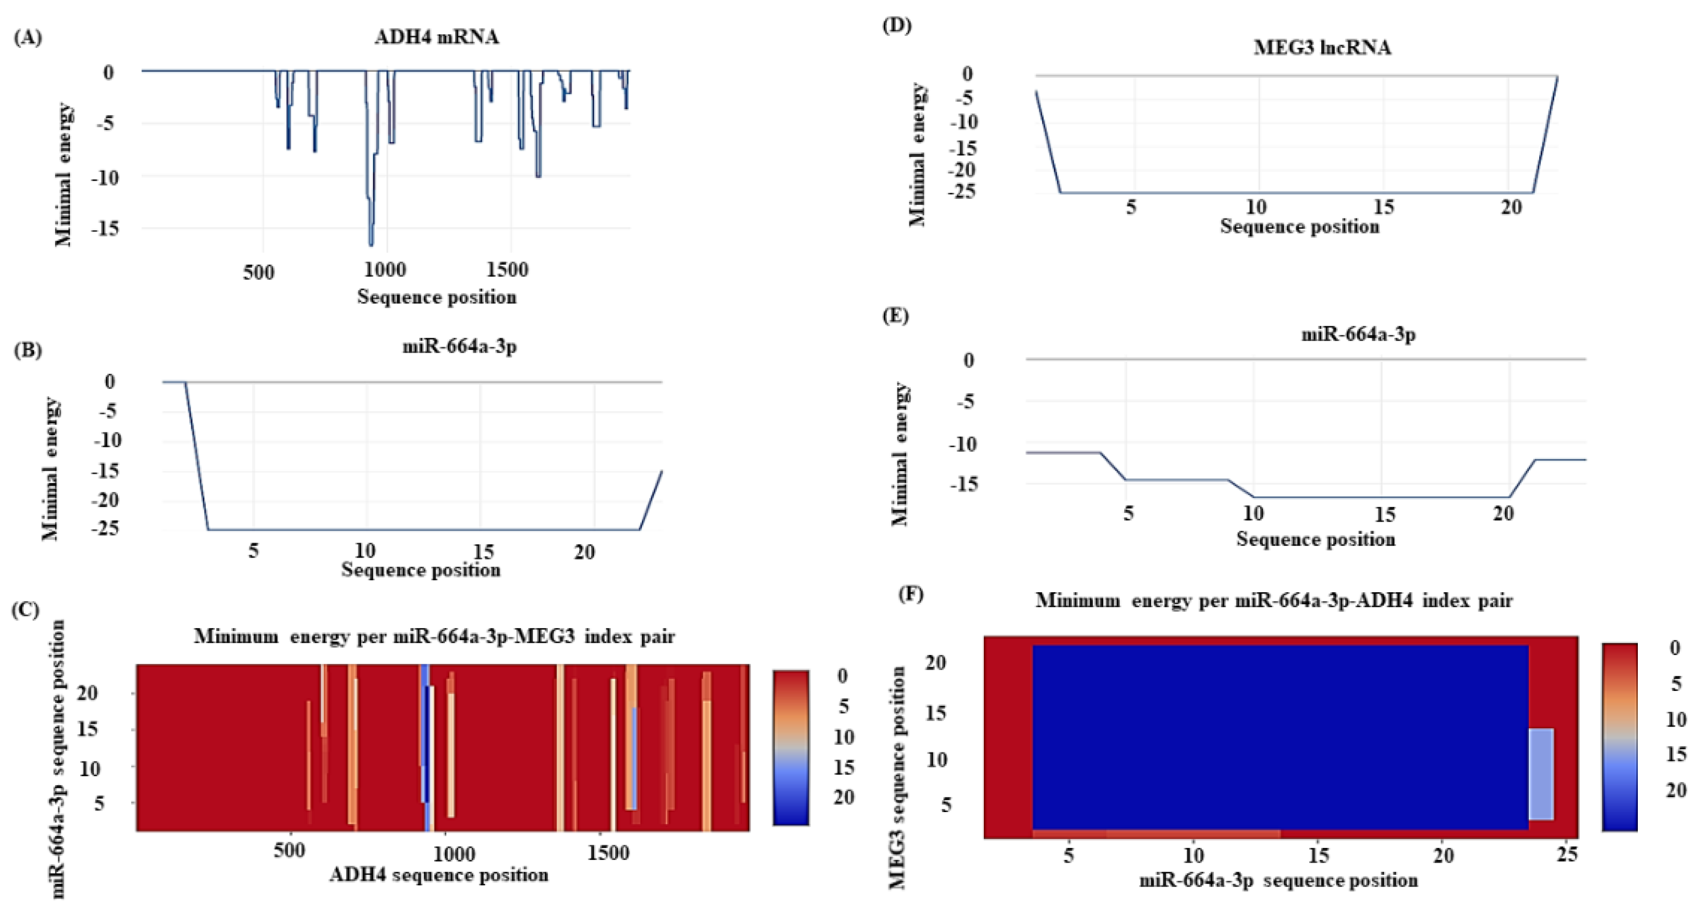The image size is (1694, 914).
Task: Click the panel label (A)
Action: click(28, 37)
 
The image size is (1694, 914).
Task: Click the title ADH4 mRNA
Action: click(437, 37)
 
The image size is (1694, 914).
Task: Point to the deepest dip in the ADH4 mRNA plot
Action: click(371, 244)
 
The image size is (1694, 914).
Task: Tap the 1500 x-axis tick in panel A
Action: click(508, 270)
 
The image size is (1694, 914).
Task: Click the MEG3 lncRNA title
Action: click(1322, 48)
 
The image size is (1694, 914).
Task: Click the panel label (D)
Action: click(897, 26)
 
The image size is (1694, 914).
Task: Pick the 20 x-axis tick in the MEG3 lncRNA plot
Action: click(1511, 208)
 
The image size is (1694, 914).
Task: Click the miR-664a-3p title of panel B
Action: click(459, 346)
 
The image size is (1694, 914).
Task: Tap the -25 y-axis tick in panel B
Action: click(107, 528)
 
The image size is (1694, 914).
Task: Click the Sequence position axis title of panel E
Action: click(1315, 539)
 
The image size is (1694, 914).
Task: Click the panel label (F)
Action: click(911, 594)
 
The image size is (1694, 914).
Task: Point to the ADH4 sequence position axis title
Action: click(439, 875)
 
